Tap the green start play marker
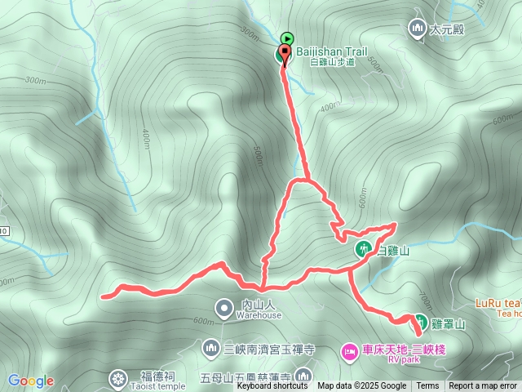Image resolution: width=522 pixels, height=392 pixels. tap(287, 38)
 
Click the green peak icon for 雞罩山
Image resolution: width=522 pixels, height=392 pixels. tap(420, 321)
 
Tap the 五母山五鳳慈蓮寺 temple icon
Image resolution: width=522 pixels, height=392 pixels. tap(303, 376)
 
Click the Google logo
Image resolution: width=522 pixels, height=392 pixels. tap(31, 381)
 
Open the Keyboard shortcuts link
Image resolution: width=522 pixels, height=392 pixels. tap(273, 386)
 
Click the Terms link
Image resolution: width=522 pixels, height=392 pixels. tap(427, 386)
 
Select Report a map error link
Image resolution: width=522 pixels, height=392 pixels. tap(483, 386)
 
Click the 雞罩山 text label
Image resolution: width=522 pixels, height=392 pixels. tap(448, 323)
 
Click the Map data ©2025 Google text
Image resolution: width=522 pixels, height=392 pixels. tap(361, 386)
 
